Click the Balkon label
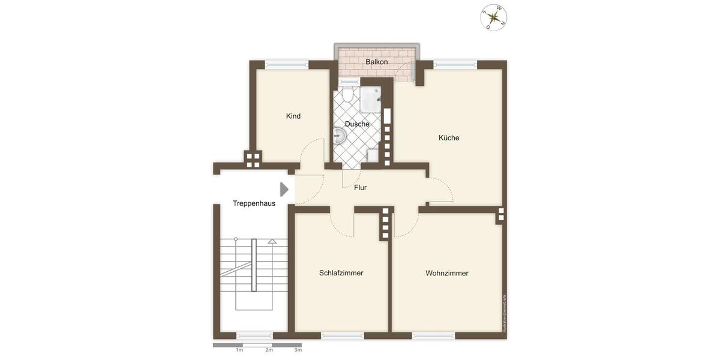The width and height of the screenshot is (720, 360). coord(377,62)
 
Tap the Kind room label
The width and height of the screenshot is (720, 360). coord(293,116)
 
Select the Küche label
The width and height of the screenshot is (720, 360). coord(449,137)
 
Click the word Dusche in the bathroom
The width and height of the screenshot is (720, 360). coord(357,124)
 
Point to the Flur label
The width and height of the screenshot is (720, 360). coord(360,187)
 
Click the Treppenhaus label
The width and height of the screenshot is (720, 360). coord(254,203)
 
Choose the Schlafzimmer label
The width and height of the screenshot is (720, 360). coord(341,273)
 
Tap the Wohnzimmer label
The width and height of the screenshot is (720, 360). coord(447,273)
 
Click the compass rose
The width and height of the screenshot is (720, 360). coord(494,17)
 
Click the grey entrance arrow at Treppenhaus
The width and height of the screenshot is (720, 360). coord(284,190)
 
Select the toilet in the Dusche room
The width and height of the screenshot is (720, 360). coord(347,95)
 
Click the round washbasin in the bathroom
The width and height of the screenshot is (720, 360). coord(338,136)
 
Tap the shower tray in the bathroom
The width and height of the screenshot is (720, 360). coord(371,100)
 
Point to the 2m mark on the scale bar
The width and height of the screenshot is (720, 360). coord(269,349)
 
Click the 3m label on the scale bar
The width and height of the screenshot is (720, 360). coord(298,349)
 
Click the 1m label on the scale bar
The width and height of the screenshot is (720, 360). coord(239,349)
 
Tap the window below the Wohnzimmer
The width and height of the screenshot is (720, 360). coord(434,335)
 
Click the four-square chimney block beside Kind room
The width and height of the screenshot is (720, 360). coord(253,160)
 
